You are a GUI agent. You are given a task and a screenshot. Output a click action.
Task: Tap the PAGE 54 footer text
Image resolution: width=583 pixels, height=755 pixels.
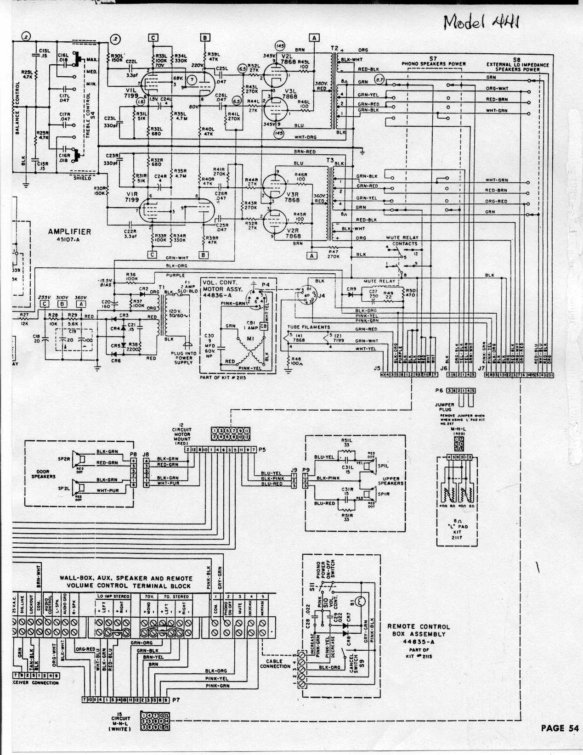[559, 728]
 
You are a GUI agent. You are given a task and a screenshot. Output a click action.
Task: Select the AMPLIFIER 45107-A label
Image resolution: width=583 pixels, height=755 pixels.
[69, 235]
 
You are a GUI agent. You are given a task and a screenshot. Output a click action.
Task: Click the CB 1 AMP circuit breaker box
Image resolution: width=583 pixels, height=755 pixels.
[264, 326]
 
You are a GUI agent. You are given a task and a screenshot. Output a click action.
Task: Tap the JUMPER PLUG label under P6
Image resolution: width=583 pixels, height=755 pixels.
[444, 407]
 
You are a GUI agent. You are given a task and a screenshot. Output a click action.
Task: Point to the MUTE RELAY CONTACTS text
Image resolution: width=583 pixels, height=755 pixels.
[402, 241]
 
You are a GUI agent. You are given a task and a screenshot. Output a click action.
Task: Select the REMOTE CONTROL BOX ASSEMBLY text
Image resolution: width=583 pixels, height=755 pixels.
[419, 634]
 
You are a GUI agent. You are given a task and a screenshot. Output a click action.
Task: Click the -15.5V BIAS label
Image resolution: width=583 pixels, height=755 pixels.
[106, 282]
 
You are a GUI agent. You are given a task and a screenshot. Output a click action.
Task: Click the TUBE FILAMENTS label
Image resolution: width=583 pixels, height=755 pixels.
[308, 327]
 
